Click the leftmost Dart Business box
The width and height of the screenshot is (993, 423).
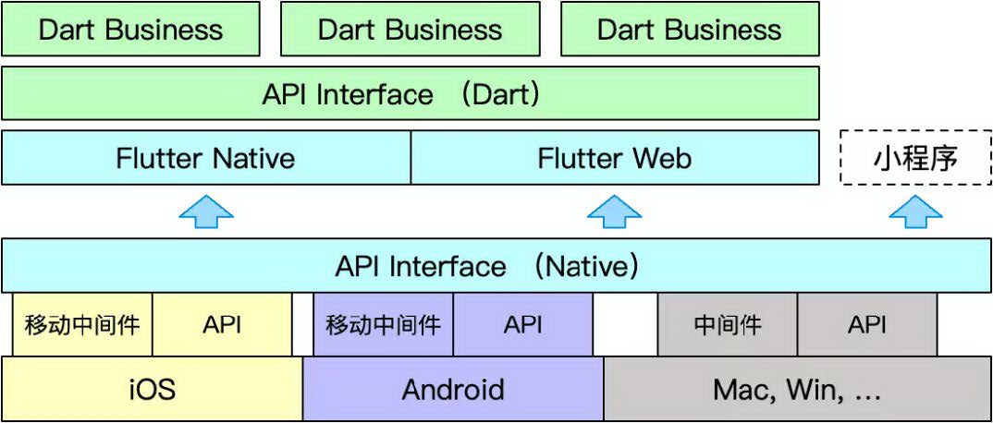130,29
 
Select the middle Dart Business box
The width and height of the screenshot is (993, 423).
410,29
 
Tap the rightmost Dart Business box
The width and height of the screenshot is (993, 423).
689,29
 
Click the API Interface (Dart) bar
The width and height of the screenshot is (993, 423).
410,93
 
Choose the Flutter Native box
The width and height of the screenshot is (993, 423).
205,158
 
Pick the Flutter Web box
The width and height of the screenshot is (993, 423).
614,158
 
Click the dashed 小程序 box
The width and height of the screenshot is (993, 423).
915,158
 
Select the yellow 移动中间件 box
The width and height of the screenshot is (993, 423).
82,324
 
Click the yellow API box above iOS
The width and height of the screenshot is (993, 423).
222,324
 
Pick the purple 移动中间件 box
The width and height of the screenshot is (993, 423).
383,324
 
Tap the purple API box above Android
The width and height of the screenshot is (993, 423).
522,324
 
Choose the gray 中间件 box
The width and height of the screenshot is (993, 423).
727,324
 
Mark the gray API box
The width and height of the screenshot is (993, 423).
866,324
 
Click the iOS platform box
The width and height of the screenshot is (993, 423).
152,389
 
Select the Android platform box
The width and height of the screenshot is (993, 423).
453,389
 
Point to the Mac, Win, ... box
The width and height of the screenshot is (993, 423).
797,389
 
